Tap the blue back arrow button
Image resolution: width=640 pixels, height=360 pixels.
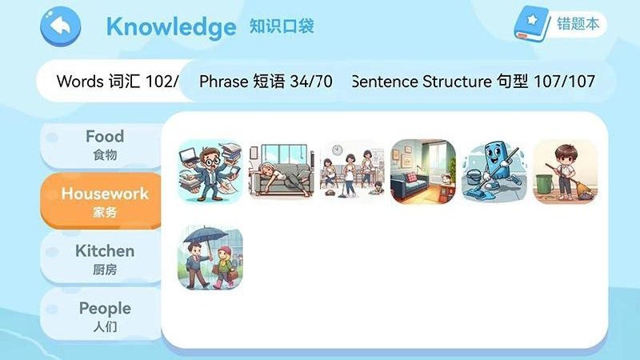(x=60, y=27)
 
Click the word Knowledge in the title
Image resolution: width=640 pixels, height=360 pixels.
(x=170, y=27)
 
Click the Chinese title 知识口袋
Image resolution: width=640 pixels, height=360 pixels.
(x=282, y=26)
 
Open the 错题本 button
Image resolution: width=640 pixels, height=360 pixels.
(x=578, y=24)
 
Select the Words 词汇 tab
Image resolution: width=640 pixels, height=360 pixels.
(x=112, y=82)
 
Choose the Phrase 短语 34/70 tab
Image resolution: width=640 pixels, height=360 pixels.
(x=266, y=82)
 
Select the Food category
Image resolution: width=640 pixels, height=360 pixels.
(x=105, y=144)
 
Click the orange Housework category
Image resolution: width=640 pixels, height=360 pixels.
(x=105, y=202)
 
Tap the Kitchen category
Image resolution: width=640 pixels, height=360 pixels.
(x=105, y=259)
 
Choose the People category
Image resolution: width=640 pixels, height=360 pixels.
(x=105, y=316)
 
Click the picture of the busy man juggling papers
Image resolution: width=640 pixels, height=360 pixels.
(x=210, y=171)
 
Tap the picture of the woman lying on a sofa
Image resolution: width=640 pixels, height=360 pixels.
(x=281, y=171)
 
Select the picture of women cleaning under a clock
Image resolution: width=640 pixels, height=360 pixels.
(x=352, y=171)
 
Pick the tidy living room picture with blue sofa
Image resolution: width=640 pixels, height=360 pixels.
(x=423, y=171)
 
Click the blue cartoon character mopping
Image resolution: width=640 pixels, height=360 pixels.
(x=494, y=171)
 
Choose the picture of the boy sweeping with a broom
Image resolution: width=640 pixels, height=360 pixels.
(x=565, y=171)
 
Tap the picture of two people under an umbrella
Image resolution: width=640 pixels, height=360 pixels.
(x=210, y=257)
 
